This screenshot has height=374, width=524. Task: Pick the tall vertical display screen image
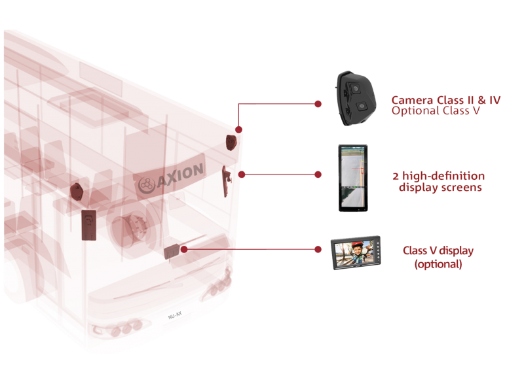coord(352,177)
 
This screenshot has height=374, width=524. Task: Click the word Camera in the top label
coord(411,101)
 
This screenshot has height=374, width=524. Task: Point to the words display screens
coord(440,188)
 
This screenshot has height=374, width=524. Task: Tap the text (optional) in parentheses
coord(438,264)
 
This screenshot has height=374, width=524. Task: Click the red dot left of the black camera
coord(318,103)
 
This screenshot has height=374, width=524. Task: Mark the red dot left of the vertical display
coord(318,175)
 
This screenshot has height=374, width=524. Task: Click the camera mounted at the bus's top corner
coord(231,142)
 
